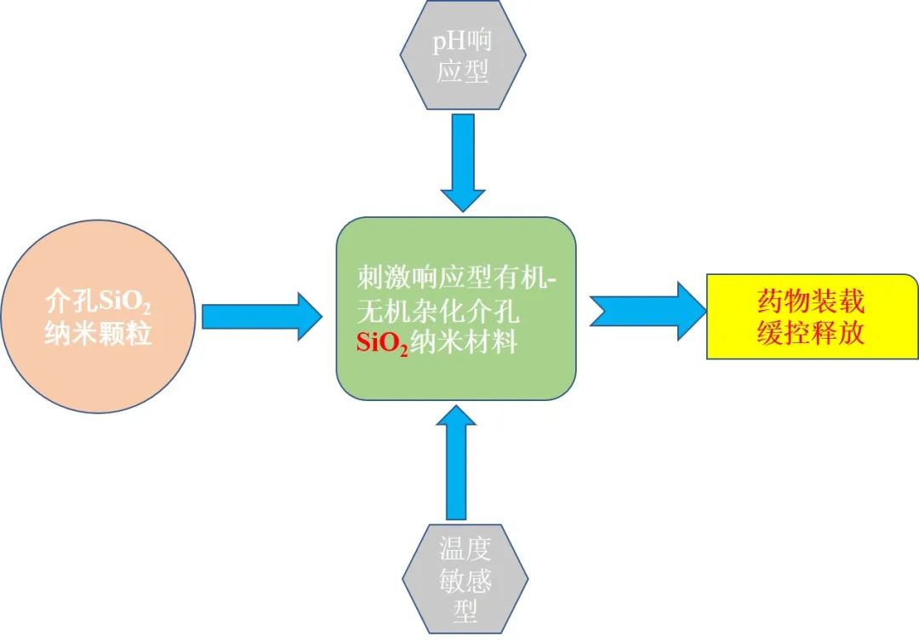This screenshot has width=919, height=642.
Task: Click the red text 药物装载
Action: (811, 301)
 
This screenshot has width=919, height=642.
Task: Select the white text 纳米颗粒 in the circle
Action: (99, 333)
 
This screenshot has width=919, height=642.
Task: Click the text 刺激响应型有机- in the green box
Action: (456, 279)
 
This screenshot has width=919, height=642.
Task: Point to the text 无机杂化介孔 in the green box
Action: (438, 312)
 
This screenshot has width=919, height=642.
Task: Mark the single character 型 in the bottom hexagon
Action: (465, 610)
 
